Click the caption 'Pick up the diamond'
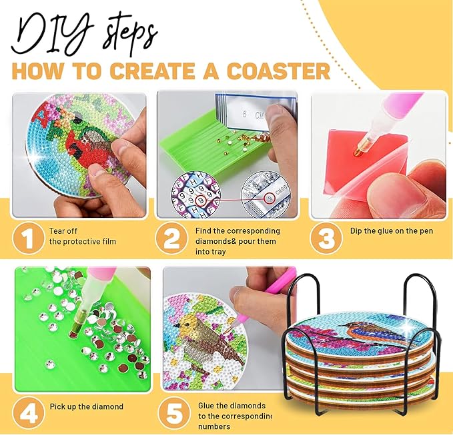[86, 406]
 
